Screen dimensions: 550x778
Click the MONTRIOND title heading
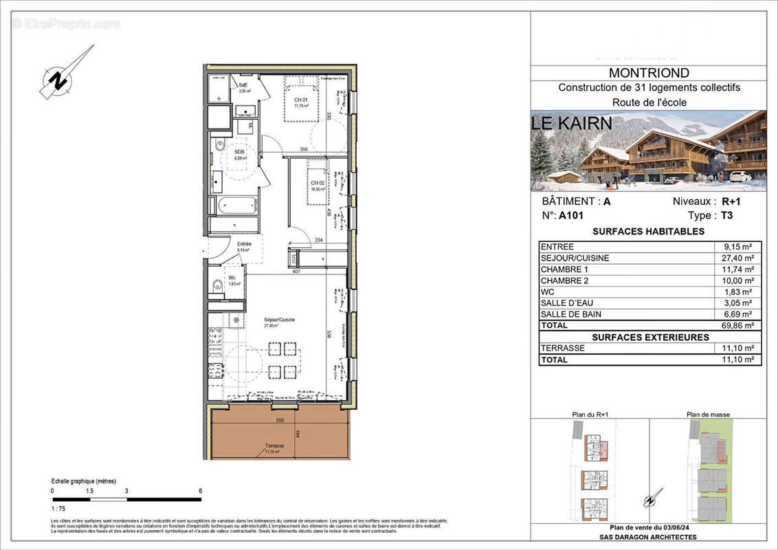649,73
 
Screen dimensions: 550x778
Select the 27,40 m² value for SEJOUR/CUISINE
739,258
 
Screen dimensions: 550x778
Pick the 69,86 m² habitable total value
739,325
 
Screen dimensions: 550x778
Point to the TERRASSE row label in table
562,349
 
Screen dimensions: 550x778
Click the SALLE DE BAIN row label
570,314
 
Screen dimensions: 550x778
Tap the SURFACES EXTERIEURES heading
650,337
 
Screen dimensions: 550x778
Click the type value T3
726,214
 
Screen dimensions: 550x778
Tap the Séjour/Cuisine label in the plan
280,320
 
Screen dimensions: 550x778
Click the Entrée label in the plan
244,244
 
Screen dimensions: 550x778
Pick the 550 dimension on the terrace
280,419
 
